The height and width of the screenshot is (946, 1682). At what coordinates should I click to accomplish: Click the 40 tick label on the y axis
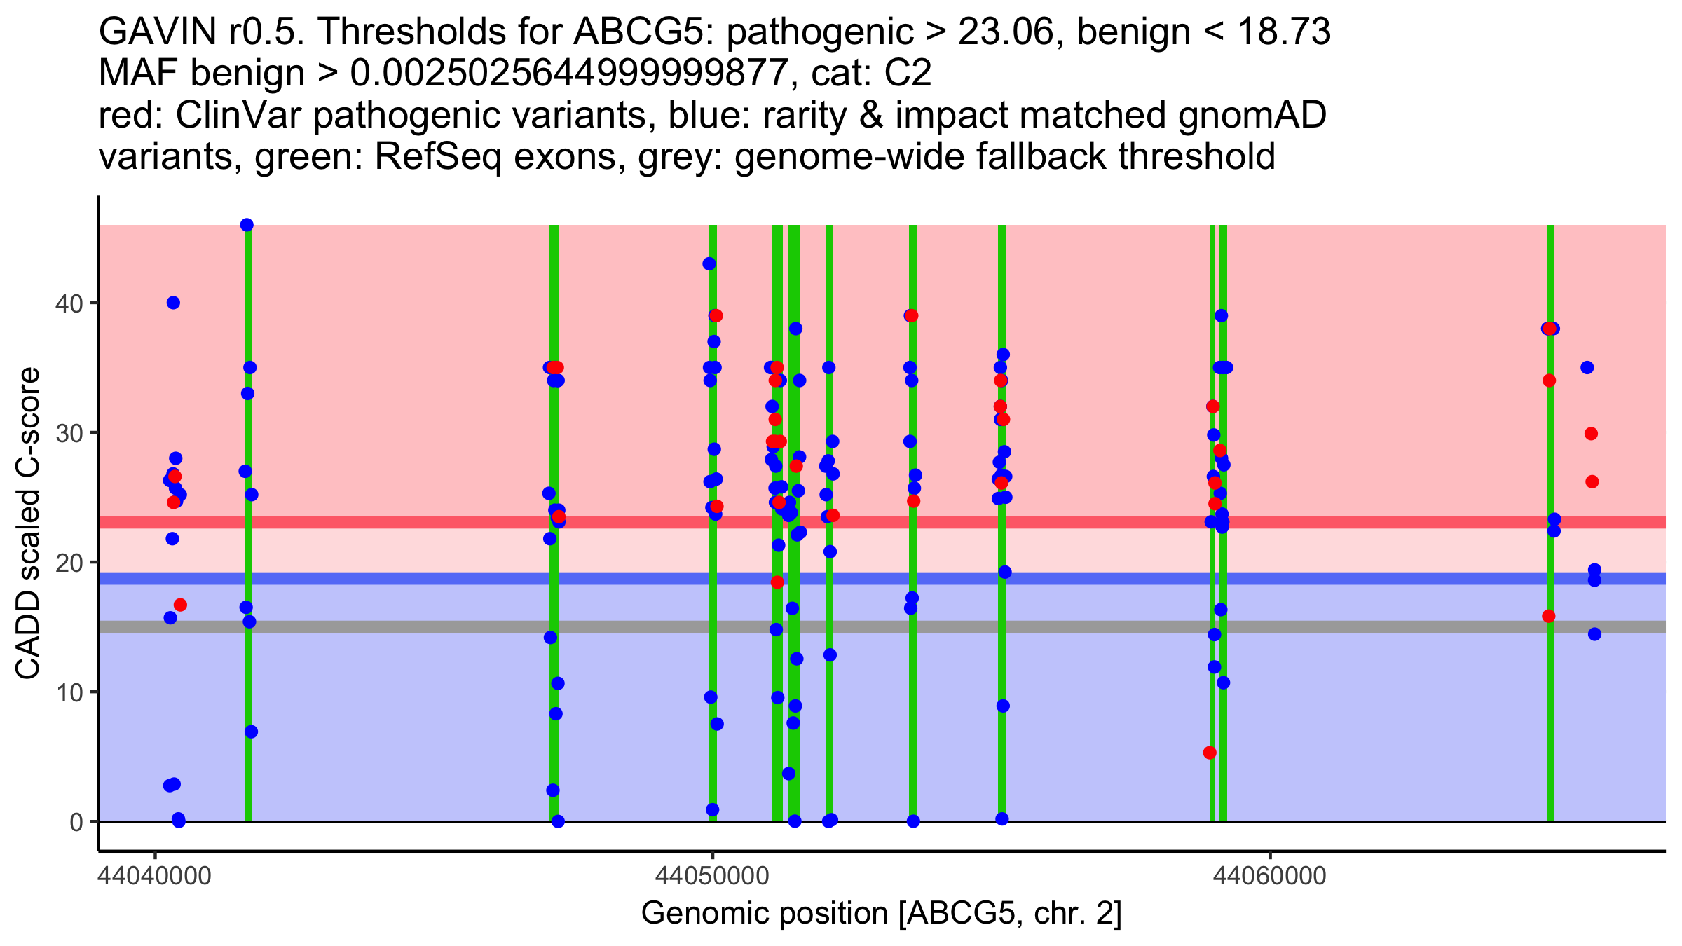pos(68,303)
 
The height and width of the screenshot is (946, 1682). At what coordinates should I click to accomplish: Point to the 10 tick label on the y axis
pos(68,692)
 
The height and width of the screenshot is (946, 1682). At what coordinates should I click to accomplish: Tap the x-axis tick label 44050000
pos(712,876)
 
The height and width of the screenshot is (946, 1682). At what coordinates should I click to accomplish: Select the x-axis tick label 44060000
pos(1269,876)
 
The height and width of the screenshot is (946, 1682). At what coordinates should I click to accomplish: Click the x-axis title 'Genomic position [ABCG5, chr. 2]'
pos(882,914)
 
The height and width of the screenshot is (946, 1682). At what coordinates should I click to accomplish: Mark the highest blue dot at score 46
pos(247,225)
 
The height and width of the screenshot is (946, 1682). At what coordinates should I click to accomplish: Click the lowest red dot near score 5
pos(1210,753)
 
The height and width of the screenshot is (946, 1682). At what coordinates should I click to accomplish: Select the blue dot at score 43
pos(709,264)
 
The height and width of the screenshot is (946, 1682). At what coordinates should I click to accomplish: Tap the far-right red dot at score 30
pos(1591,434)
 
